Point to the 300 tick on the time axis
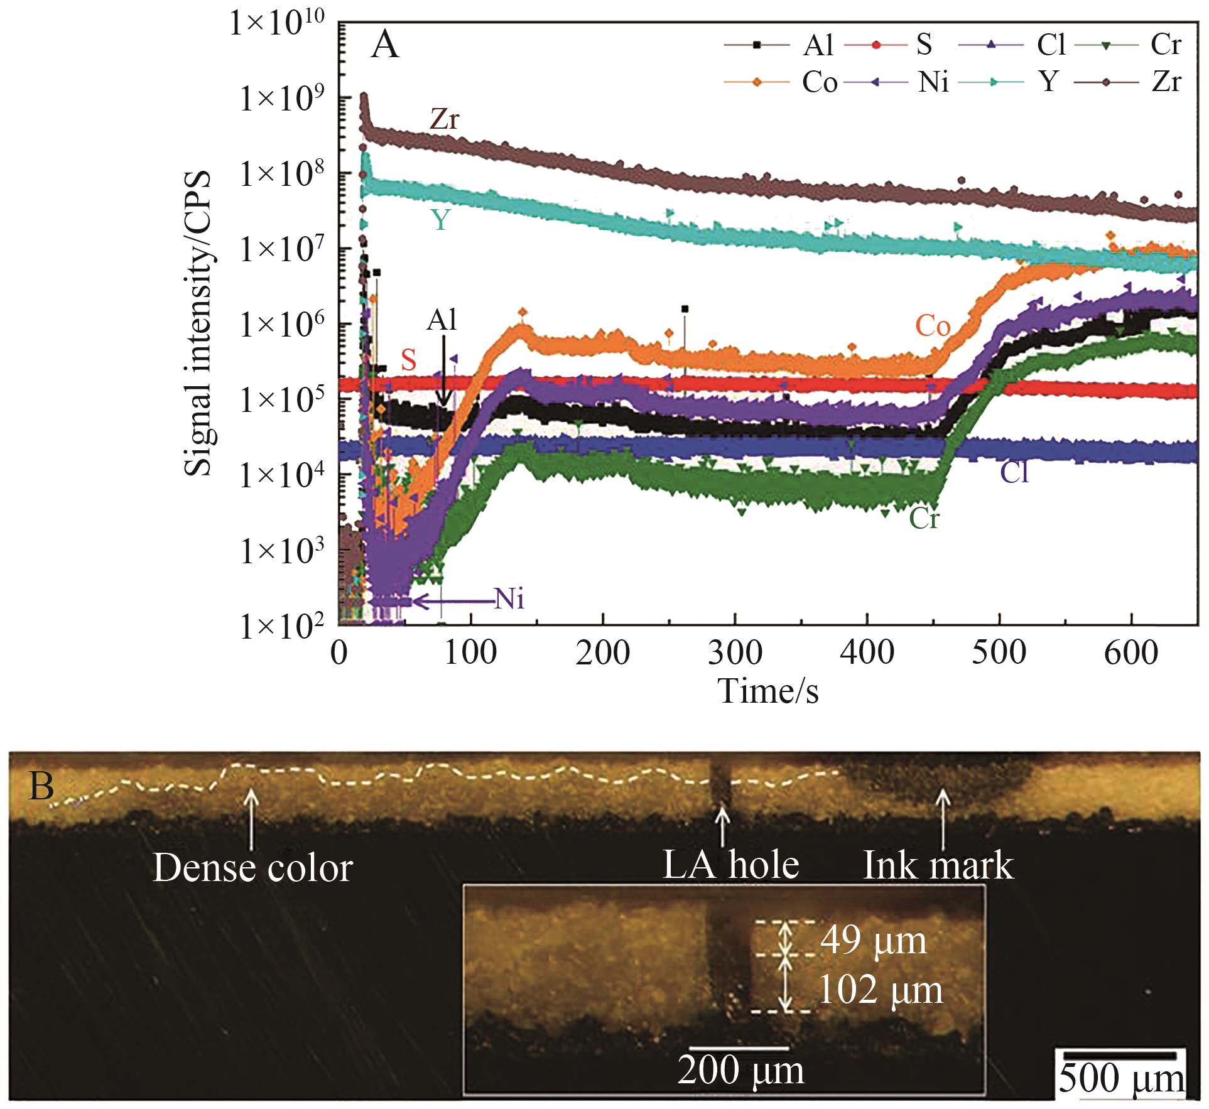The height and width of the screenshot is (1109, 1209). (734, 653)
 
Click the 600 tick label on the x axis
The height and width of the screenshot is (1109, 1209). (1130, 653)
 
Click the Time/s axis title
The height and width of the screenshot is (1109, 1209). (768, 691)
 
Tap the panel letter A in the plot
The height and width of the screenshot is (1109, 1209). (384, 45)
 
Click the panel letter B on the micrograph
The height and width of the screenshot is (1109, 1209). (41, 787)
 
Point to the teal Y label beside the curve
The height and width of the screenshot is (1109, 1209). (440, 220)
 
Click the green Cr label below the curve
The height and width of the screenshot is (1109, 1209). (924, 519)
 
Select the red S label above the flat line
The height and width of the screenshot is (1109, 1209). (409, 360)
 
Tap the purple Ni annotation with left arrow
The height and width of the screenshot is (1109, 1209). (509, 600)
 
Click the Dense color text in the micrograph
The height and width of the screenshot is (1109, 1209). (252, 868)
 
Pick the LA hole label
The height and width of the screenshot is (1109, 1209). (731, 865)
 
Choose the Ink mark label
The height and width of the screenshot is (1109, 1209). (938, 865)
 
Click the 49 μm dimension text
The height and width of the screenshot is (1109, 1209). (874, 941)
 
